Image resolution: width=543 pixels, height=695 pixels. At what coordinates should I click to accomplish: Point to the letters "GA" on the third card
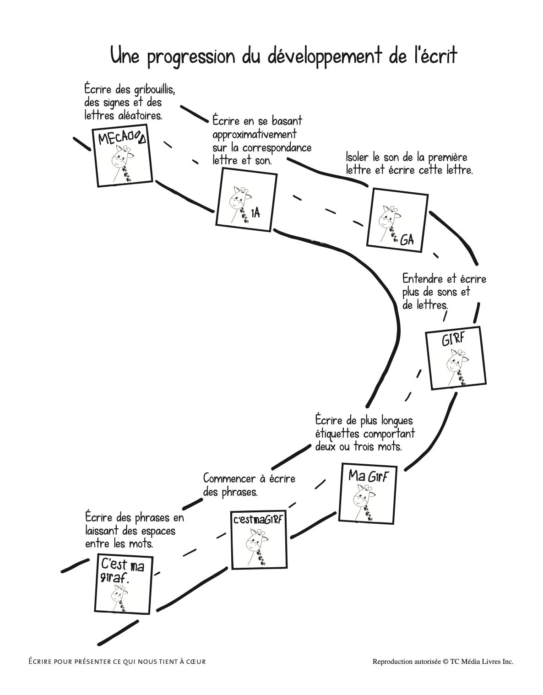click(x=407, y=239)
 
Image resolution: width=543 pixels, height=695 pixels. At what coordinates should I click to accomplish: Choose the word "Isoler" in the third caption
click(x=356, y=157)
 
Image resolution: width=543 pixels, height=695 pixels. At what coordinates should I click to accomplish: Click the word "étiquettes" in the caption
click(x=338, y=433)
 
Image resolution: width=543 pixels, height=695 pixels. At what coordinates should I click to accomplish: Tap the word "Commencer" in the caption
click(x=229, y=479)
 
